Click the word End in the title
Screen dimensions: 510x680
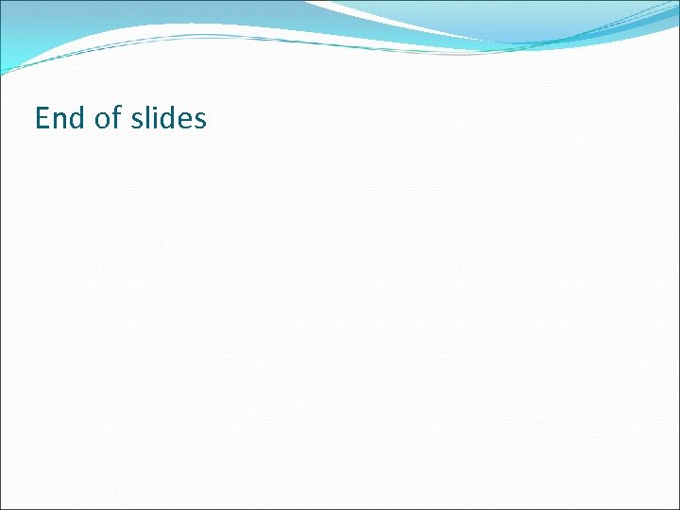[59, 118]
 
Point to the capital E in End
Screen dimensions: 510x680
[42, 118]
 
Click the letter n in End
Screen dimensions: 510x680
[59, 120]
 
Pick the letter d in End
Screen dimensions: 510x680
[76, 118]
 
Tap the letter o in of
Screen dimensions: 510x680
[103, 120]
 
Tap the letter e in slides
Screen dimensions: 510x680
[185, 120]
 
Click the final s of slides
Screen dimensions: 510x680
[199, 120]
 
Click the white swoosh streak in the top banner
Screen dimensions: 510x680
[397, 19]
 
